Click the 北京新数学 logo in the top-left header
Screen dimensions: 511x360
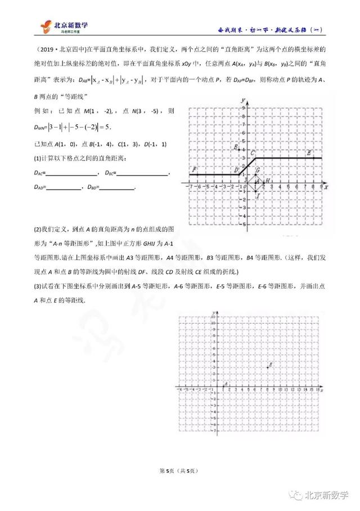[x=66, y=27]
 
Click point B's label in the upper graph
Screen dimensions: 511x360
[x=236, y=147]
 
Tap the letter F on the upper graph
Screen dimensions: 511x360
[x=194, y=169]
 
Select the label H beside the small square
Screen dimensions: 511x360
[x=268, y=180]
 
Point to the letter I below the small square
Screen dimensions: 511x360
[x=258, y=195]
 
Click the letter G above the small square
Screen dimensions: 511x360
[x=258, y=170]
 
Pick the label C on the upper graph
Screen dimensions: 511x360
[x=253, y=153]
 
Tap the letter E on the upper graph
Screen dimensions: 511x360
[x=308, y=153]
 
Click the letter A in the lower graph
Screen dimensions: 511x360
[x=225, y=385]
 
